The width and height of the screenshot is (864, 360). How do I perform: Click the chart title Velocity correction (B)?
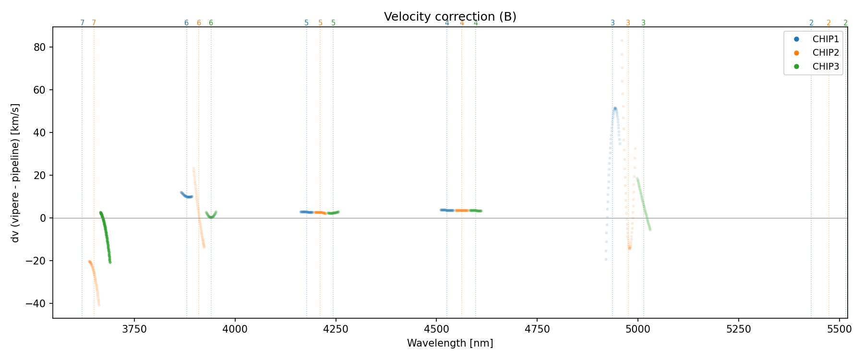click(450, 17)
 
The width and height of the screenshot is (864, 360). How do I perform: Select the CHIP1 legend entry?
click(825, 39)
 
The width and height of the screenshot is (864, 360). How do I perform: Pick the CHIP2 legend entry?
click(825, 53)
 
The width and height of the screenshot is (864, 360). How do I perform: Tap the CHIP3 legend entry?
click(825, 67)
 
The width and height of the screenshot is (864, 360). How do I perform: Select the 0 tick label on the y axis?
click(44, 218)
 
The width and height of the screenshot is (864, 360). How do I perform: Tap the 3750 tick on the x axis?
click(134, 329)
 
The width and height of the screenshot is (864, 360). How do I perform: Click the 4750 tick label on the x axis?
click(537, 329)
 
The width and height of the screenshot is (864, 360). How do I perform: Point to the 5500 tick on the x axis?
click(839, 329)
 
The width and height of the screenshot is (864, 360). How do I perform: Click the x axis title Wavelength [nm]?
click(450, 343)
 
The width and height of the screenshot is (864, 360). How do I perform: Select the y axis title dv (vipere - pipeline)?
click(15, 172)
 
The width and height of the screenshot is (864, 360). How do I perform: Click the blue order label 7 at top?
click(82, 23)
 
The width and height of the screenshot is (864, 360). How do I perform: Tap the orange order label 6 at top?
click(199, 23)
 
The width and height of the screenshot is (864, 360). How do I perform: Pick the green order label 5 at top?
click(333, 23)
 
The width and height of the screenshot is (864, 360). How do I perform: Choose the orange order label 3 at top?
click(628, 23)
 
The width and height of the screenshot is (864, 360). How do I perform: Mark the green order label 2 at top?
click(845, 23)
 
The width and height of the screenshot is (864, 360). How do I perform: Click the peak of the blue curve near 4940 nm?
click(615, 108)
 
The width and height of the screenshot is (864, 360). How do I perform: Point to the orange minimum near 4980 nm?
click(629, 248)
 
